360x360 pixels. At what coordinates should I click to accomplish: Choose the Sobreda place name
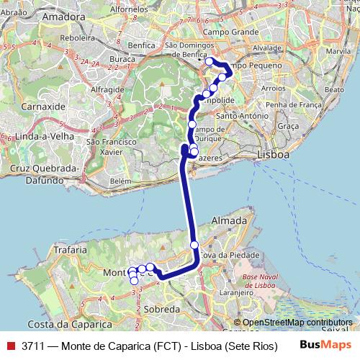coord(162,308)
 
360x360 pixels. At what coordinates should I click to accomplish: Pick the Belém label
coord(121,181)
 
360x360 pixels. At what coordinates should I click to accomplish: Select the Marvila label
coord(338,53)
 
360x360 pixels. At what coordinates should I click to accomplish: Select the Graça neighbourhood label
coord(287,126)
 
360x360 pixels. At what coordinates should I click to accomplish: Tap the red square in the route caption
coord(10,346)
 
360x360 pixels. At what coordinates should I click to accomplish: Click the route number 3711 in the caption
coord(35,346)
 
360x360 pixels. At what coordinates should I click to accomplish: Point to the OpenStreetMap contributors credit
coord(297,323)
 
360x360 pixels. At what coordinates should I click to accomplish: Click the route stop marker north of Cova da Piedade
coord(194,246)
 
